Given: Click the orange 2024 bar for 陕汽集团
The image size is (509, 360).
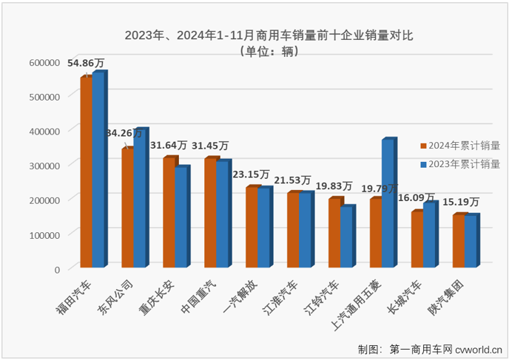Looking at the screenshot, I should tap(459, 241).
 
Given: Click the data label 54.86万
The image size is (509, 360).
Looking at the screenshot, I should tap(87, 64).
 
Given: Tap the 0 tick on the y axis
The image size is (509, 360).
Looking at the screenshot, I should tap(56, 269).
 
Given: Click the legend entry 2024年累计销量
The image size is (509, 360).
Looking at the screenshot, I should tap(464, 146).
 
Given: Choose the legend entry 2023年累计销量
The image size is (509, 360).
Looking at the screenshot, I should tap(464, 164).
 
